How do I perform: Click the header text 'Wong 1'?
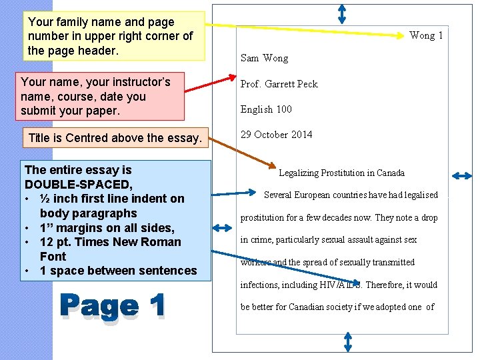click(426, 35)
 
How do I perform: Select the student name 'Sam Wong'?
click(264, 58)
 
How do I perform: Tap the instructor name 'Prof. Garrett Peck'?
click(279, 84)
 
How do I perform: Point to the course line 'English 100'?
click(266, 109)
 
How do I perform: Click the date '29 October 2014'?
click(276, 135)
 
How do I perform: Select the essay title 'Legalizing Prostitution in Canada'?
click(341, 173)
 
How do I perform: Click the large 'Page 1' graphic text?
click(112, 306)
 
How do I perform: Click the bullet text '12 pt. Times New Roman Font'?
click(110, 249)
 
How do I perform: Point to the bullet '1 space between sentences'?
click(118, 271)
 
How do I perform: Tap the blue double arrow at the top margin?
click(341, 13)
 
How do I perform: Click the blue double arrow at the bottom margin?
click(347, 343)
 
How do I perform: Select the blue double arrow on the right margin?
click(462, 175)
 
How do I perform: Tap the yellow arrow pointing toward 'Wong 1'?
click(300, 30)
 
